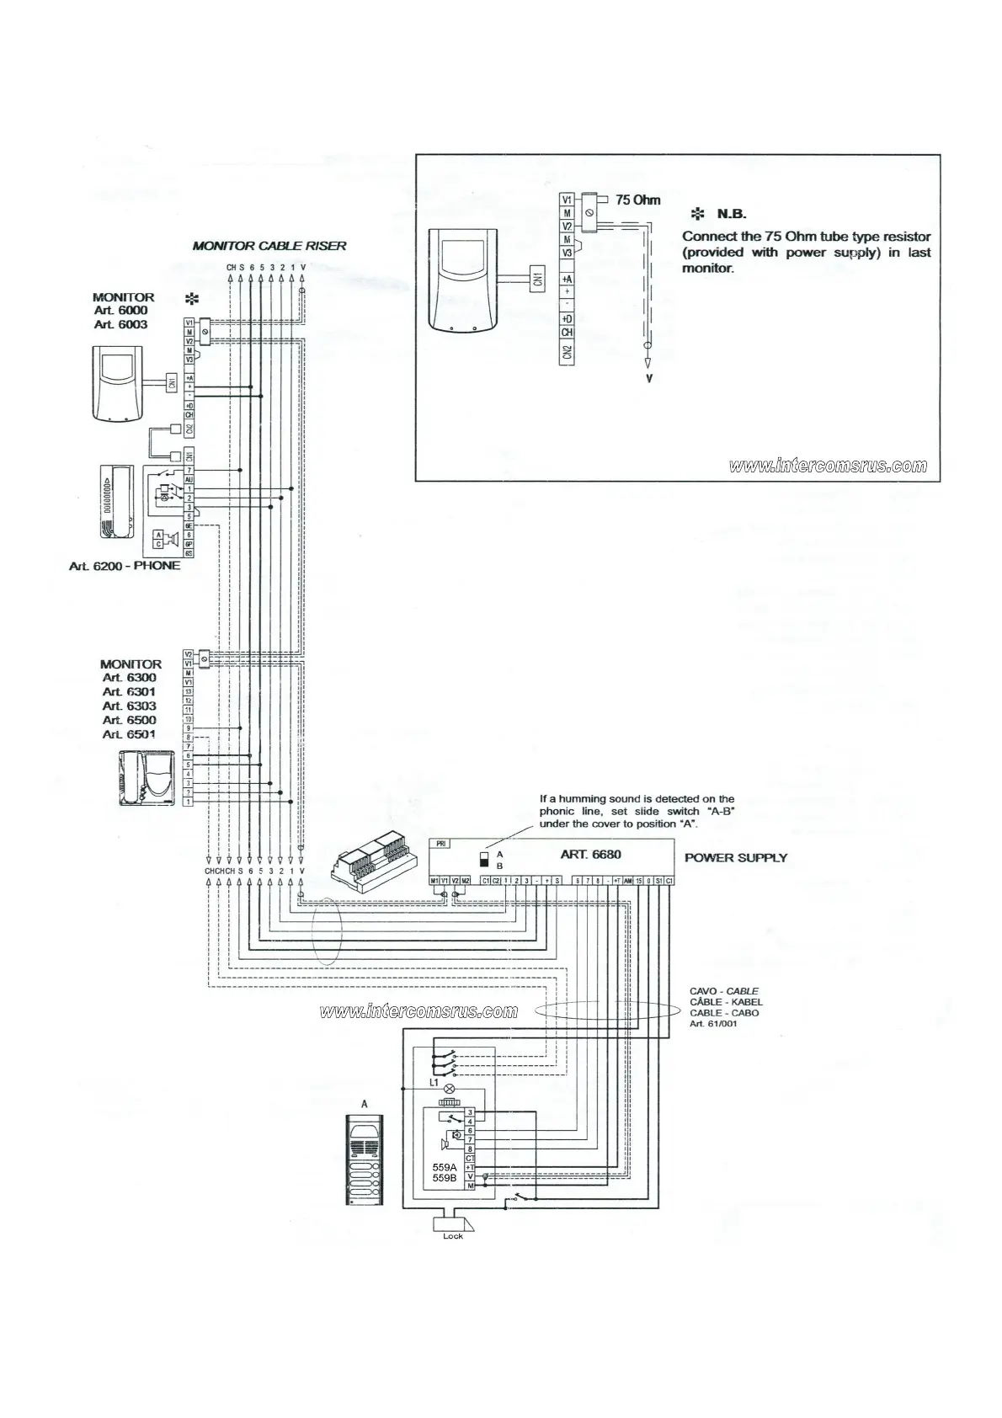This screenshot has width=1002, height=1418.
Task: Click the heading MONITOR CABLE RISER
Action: tap(269, 246)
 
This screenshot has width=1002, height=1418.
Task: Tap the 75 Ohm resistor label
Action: tap(637, 200)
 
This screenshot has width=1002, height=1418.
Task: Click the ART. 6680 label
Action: tap(590, 855)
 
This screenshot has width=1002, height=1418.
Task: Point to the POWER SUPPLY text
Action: tap(735, 858)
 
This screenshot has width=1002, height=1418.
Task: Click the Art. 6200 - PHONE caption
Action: tap(125, 566)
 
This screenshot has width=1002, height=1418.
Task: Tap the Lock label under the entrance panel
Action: tap(453, 1236)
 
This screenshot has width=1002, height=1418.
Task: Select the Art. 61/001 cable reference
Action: tap(714, 1024)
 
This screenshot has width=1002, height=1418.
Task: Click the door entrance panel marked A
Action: tap(365, 1160)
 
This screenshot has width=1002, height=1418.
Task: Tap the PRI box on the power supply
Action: tap(440, 843)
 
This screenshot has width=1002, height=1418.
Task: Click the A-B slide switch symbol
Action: tap(484, 859)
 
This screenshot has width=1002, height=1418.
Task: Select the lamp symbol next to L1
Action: tap(449, 1089)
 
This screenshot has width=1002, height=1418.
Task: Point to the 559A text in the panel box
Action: tap(444, 1167)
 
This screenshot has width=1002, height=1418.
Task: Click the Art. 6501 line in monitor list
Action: tap(129, 734)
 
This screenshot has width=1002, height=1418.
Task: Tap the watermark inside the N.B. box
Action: tap(829, 466)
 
